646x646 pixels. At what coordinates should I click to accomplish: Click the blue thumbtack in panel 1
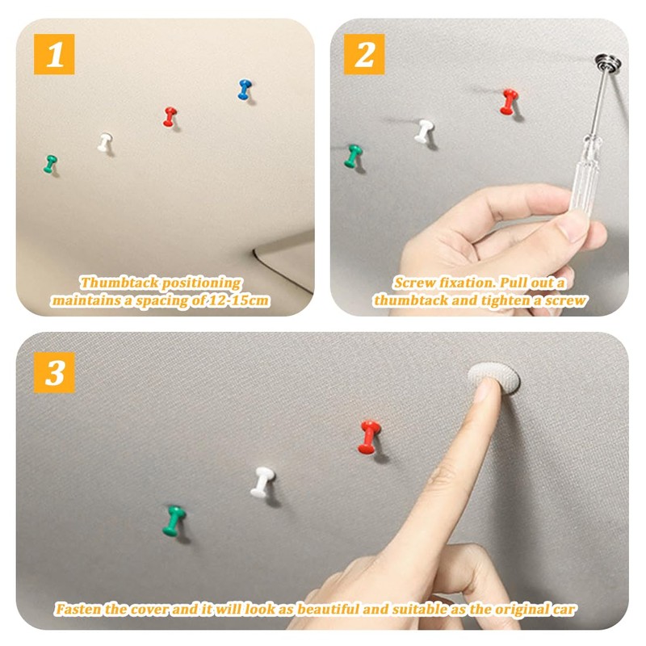[x=245, y=90]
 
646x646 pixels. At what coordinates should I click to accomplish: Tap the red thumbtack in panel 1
[x=170, y=116]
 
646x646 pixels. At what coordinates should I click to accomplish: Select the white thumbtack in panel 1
[x=105, y=142]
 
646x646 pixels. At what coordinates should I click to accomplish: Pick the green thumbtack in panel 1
[x=50, y=164]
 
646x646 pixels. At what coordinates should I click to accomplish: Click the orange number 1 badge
[x=54, y=54]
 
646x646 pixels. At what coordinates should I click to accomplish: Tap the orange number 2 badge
[x=364, y=54]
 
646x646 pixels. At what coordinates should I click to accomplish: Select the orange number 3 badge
[x=54, y=372]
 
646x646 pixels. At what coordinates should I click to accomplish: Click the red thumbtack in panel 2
[x=510, y=102]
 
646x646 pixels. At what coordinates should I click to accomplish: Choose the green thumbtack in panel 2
[x=353, y=156]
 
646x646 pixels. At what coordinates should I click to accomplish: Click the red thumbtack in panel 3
[x=369, y=437]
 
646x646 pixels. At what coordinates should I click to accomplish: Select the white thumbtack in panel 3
[x=262, y=482]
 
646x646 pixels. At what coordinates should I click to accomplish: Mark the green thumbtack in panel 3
[x=174, y=521]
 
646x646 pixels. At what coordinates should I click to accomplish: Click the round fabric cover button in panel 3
[x=494, y=376]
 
